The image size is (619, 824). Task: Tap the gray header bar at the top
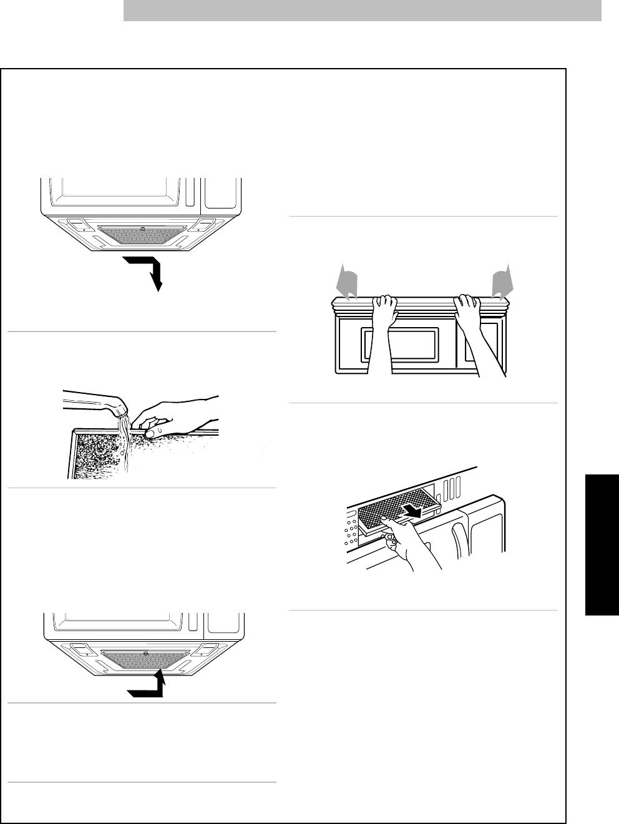[x=362, y=11]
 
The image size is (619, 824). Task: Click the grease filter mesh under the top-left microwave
[x=142, y=234]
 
